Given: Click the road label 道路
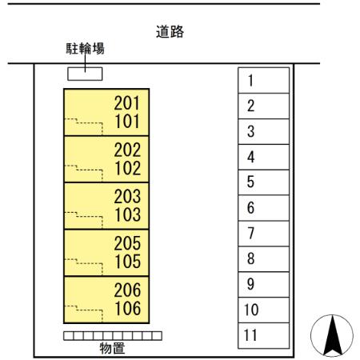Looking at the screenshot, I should (x=170, y=33).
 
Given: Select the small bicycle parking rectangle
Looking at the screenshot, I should (x=84, y=74).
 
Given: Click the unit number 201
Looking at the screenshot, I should (x=127, y=103).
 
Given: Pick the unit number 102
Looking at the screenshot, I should (x=127, y=169).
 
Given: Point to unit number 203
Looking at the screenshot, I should (x=127, y=196).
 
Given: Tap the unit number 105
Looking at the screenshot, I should (x=127, y=262).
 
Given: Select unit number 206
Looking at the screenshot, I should (x=127, y=290).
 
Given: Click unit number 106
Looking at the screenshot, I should (x=127, y=308).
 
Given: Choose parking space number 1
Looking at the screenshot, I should (x=251, y=81).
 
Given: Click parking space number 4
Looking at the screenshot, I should (x=251, y=158).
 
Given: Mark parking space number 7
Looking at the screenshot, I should (x=251, y=234).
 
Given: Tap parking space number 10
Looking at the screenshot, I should (x=251, y=310).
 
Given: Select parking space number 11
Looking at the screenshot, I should (x=251, y=335).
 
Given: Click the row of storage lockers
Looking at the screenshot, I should (x=112, y=335).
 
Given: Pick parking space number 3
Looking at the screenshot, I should (x=251, y=132).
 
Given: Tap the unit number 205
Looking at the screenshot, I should (x=127, y=243).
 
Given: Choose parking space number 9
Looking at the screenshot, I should (x=251, y=284).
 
